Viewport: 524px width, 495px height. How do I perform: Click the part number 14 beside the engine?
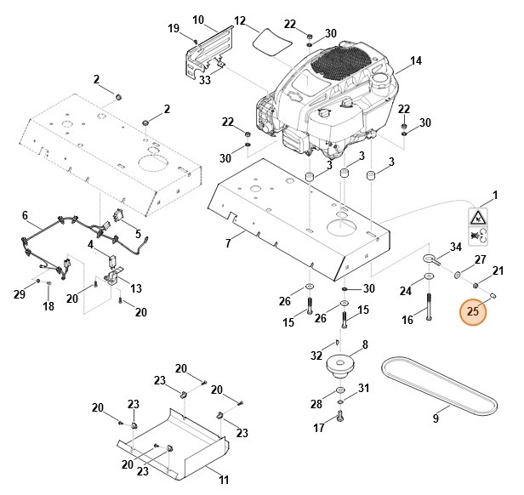click(x=416, y=61)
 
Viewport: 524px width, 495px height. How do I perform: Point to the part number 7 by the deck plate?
click(x=228, y=244)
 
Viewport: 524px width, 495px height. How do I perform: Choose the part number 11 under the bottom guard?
click(x=224, y=480)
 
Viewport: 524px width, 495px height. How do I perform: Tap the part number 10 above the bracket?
click(x=198, y=19)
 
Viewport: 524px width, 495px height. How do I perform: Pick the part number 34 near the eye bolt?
click(x=455, y=247)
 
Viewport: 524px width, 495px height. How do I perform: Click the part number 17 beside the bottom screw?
click(x=320, y=428)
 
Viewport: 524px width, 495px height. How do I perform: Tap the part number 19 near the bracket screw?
click(x=174, y=29)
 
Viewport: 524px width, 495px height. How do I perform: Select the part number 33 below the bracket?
click(x=204, y=81)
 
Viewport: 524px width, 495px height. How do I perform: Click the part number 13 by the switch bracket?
click(x=136, y=287)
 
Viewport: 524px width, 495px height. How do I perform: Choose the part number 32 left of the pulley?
click(x=316, y=356)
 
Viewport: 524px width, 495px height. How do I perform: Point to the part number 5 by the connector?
click(x=138, y=234)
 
